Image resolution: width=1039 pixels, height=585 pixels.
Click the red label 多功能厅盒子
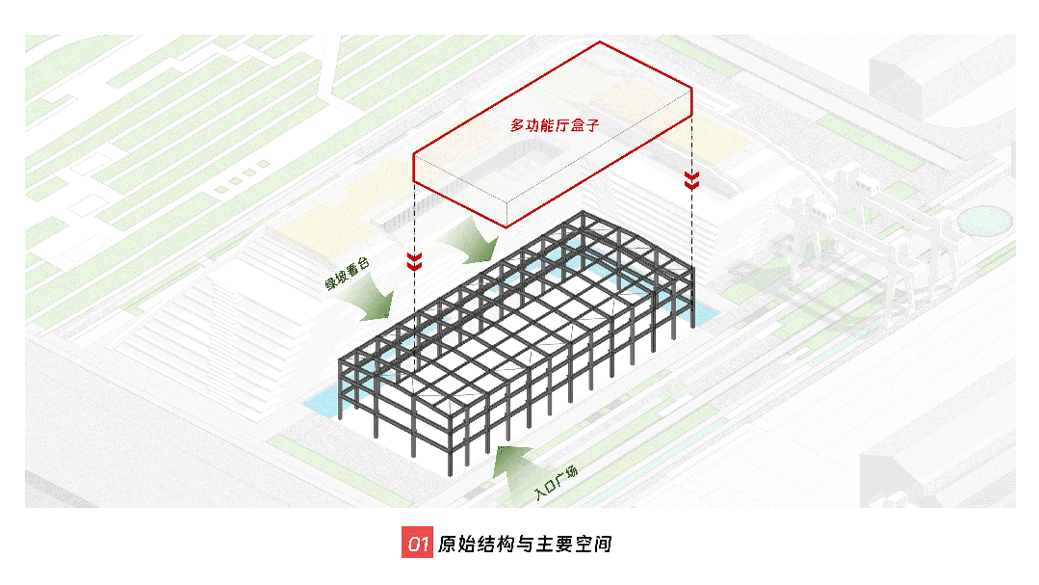click(x=555, y=124)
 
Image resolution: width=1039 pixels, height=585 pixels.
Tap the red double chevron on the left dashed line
click(x=414, y=261)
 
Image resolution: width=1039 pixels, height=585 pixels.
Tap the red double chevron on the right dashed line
click(x=691, y=180)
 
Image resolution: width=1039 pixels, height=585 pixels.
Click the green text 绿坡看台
click(x=347, y=274)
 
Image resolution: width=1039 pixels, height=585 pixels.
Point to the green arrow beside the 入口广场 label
click(x=513, y=468)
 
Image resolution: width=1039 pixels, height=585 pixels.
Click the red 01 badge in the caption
click(x=417, y=543)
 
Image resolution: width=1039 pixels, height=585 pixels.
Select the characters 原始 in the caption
click(x=456, y=544)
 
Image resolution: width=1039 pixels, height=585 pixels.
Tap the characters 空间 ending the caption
click(x=593, y=544)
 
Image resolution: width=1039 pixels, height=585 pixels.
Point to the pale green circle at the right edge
click(x=985, y=220)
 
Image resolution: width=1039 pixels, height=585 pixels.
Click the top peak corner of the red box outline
click(x=600, y=42)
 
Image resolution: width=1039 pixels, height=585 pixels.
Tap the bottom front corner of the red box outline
click(x=507, y=226)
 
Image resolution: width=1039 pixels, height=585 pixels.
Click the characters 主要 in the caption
click(x=554, y=544)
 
